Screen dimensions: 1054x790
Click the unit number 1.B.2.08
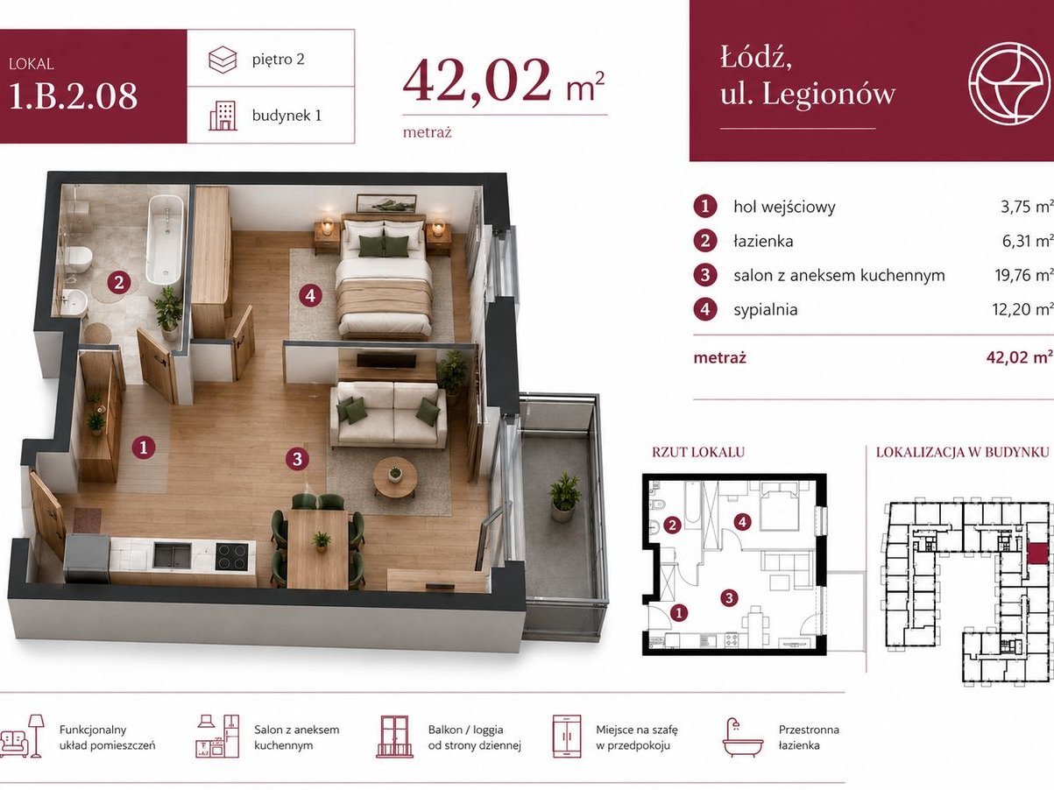point(73,97)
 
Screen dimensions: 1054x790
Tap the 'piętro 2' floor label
point(278,60)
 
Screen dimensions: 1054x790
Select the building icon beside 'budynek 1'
point(223,116)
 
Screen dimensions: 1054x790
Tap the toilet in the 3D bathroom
point(78,257)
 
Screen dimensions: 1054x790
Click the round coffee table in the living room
point(395,476)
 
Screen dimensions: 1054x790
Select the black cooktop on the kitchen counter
point(231,556)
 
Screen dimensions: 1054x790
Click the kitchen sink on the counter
point(172,554)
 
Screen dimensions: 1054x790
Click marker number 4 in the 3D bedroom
point(310,295)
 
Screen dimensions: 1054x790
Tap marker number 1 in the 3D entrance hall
point(143,448)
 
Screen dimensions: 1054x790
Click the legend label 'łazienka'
point(763,241)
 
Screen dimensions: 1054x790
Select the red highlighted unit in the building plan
point(1036,553)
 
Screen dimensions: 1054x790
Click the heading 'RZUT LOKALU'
point(698,452)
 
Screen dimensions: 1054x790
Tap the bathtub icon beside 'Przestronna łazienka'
point(742,737)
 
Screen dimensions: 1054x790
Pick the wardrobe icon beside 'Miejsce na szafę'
point(567,737)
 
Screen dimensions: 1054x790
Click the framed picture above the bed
point(386,203)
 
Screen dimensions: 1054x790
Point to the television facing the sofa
point(386,361)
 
